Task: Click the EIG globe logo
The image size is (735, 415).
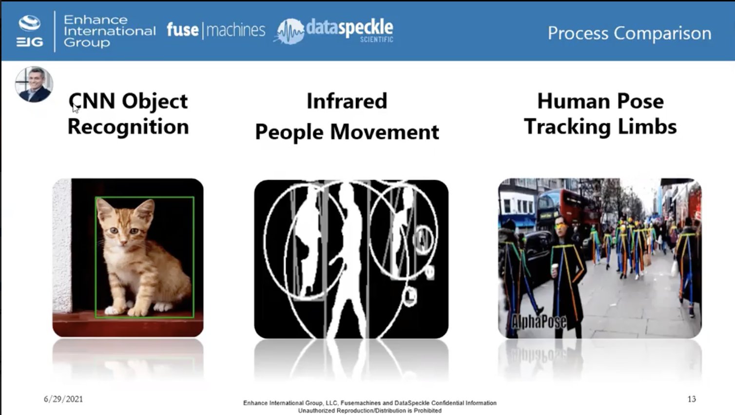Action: (x=30, y=23)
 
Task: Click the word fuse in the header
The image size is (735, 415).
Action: (x=183, y=30)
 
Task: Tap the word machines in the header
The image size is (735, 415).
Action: (x=236, y=30)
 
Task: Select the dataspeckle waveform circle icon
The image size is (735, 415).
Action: (x=290, y=32)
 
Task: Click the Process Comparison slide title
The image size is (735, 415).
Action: (x=629, y=33)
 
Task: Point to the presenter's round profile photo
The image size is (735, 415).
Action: (x=34, y=84)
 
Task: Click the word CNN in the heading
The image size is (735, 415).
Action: (x=92, y=101)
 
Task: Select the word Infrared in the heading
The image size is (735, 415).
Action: (x=347, y=101)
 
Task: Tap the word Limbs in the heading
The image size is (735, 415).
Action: (x=647, y=127)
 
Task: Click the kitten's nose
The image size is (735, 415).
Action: (x=123, y=243)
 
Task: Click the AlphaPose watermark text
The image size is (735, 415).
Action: (x=539, y=321)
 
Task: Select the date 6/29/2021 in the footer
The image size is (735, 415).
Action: (x=63, y=399)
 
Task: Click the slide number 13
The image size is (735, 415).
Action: (x=692, y=399)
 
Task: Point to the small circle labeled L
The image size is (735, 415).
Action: (x=409, y=296)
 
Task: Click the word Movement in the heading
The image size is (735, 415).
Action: (x=385, y=132)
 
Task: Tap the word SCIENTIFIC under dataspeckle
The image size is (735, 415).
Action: (x=377, y=39)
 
